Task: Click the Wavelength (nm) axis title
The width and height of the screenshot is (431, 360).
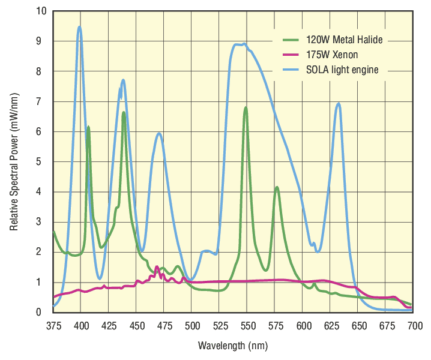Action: click(x=232, y=346)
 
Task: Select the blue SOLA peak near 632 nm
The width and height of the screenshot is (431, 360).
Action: click(x=339, y=103)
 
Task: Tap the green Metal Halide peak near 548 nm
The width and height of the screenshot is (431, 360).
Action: click(x=246, y=107)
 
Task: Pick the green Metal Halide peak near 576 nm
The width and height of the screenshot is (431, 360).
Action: click(x=277, y=187)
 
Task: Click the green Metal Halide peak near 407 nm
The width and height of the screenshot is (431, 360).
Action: click(x=88, y=127)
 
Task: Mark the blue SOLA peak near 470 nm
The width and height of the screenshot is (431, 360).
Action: click(x=159, y=133)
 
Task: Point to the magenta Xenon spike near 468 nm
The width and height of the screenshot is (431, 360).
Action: click(x=157, y=266)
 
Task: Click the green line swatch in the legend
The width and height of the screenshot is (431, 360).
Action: click(x=291, y=41)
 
